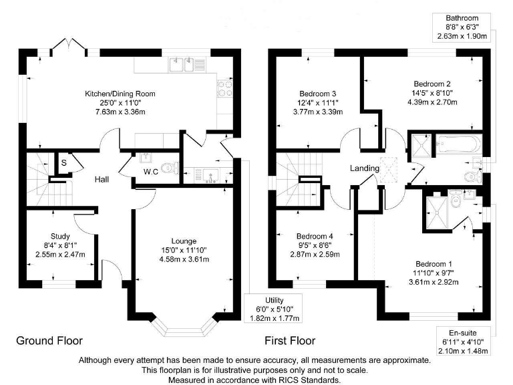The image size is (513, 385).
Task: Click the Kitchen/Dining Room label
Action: point(120,94)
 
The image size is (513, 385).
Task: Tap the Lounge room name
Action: point(183,241)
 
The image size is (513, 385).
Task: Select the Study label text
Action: point(60,236)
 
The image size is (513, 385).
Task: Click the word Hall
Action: point(102,179)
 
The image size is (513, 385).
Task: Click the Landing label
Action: point(365,168)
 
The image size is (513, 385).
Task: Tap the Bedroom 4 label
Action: point(315,236)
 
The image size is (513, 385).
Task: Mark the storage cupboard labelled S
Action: point(63,162)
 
